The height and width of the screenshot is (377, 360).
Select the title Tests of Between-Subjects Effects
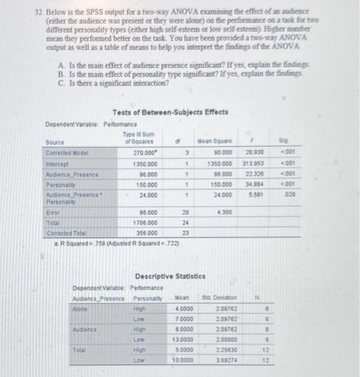point(170,112)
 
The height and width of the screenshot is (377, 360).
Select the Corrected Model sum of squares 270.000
point(146,153)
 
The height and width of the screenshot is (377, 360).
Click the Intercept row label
point(58,164)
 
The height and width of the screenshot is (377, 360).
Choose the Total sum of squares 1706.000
point(145,222)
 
